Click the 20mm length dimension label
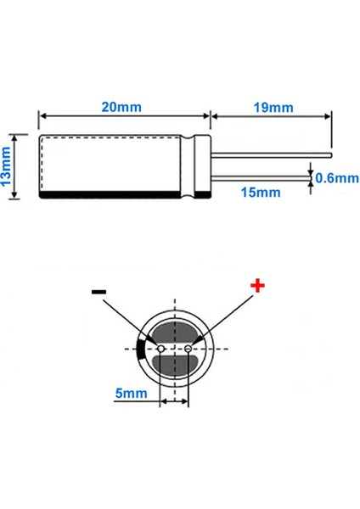pyautogui.click(x=121, y=107)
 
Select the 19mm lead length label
pyautogui.click(x=273, y=107)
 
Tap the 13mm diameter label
pyautogui.click(x=8, y=166)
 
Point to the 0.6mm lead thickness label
pyautogui.click(x=336, y=178)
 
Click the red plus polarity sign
pyautogui.click(x=258, y=286)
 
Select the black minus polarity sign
pyautogui.click(x=99, y=292)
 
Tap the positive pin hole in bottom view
pyautogui.click(x=188, y=349)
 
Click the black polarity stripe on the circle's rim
pyautogui.click(x=142, y=349)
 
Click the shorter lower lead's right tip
pyautogui.click(x=307, y=178)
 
